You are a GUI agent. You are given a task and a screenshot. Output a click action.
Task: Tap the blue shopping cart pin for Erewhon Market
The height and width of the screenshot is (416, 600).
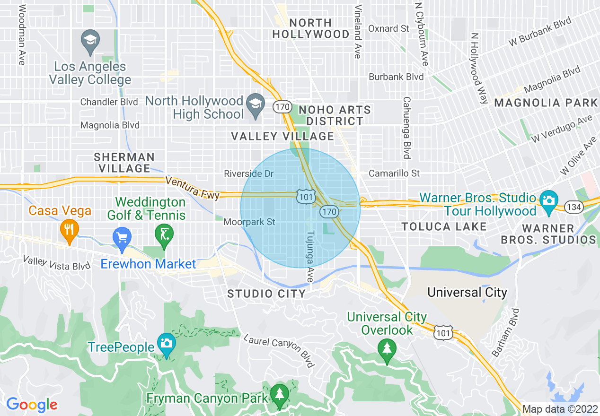122,239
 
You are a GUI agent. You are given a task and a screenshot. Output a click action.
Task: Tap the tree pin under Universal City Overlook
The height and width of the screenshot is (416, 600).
387,351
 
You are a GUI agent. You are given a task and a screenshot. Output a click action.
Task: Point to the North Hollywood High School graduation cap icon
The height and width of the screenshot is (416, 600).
256,106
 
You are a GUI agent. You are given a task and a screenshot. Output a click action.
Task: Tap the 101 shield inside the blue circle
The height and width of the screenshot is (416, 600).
305,197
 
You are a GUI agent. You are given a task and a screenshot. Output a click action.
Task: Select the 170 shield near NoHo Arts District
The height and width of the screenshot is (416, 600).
282,107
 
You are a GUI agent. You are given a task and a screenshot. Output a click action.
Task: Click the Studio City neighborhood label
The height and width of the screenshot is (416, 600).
266,294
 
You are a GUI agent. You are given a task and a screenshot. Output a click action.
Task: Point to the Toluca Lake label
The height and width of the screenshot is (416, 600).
444,227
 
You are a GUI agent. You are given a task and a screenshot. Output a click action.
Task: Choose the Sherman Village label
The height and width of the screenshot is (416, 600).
124,162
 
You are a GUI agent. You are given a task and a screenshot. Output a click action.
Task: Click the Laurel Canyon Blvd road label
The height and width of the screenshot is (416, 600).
280,350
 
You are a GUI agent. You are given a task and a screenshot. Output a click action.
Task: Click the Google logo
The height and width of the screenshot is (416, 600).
32,405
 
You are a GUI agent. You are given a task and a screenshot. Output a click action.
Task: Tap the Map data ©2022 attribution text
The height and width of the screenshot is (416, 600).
560,409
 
